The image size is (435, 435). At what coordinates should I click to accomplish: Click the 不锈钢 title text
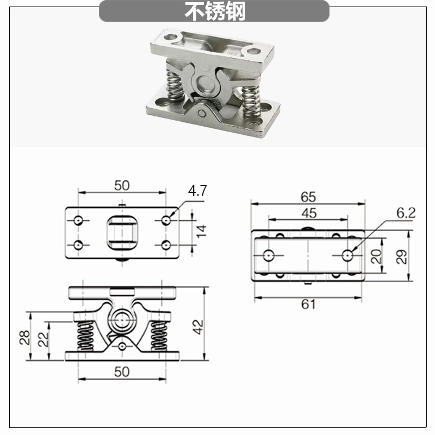(x=215, y=11)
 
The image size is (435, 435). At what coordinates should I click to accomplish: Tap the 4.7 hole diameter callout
(x=197, y=191)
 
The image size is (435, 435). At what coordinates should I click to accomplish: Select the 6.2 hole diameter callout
(x=406, y=213)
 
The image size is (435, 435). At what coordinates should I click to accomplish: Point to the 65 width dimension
(x=308, y=197)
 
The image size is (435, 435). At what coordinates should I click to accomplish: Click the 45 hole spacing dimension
(x=309, y=213)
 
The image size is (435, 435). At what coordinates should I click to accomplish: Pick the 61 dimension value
(x=308, y=304)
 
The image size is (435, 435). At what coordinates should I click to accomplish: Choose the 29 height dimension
(x=402, y=257)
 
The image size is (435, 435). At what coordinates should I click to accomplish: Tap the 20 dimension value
(x=376, y=256)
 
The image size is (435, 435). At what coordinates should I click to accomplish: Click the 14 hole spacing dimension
(x=202, y=232)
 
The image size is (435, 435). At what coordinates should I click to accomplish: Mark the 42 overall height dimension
(x=197, y=327)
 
